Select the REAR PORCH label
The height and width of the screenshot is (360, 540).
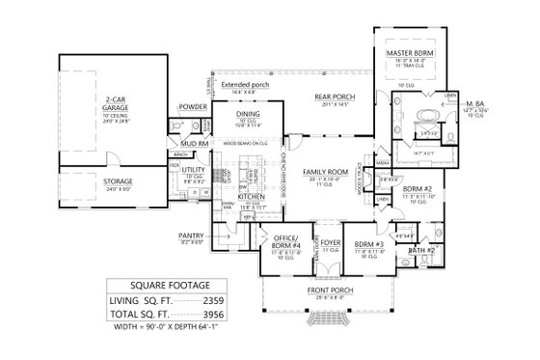[x=335, y=96]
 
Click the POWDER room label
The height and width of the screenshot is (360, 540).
[x=194, y=106]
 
